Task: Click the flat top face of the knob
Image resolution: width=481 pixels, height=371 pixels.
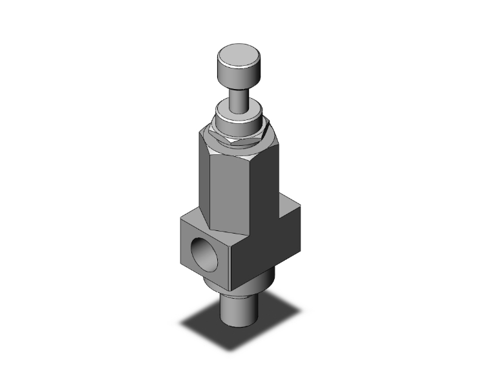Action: tap(240, 54)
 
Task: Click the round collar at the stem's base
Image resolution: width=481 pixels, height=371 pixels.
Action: tap(240, 119)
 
